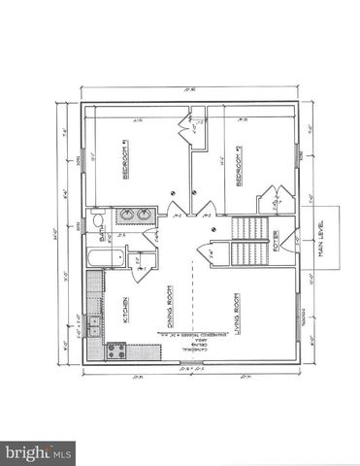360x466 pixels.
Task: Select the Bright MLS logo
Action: point(39,451)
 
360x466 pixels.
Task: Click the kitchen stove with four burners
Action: point(115,351)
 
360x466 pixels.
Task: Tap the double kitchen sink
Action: point(94,324)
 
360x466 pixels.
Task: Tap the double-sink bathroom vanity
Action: point(133,216)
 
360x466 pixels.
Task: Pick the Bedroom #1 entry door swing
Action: point(176,210)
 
